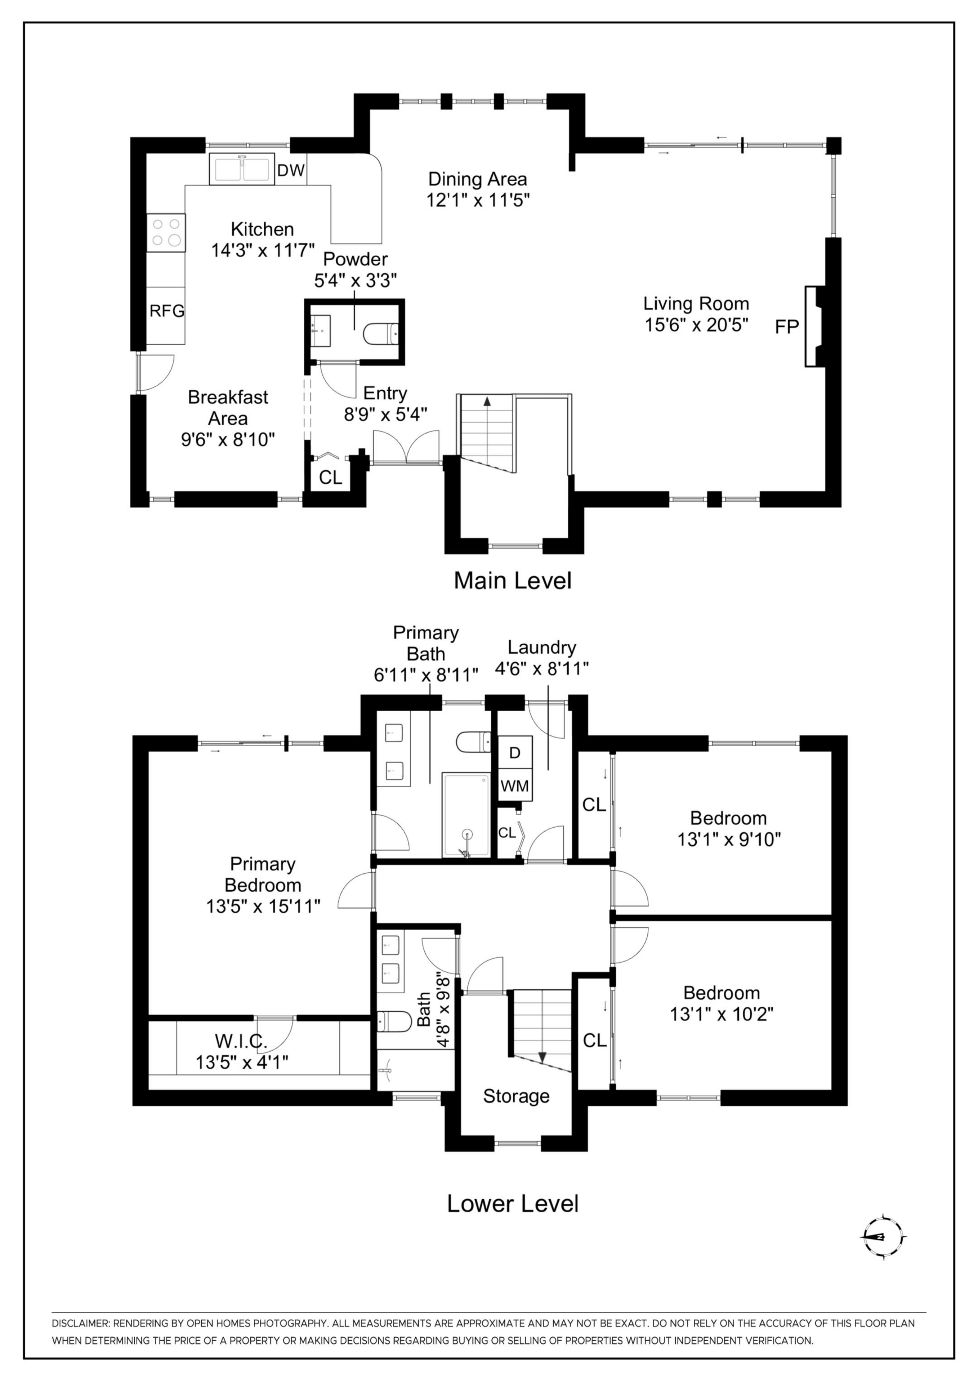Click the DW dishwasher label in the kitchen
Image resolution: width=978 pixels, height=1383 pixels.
291,170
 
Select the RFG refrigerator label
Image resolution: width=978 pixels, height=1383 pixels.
167,311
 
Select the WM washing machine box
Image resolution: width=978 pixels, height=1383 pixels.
515,786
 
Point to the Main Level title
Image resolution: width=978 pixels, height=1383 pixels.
513,580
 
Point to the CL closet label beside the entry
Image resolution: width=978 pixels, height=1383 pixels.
330,478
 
